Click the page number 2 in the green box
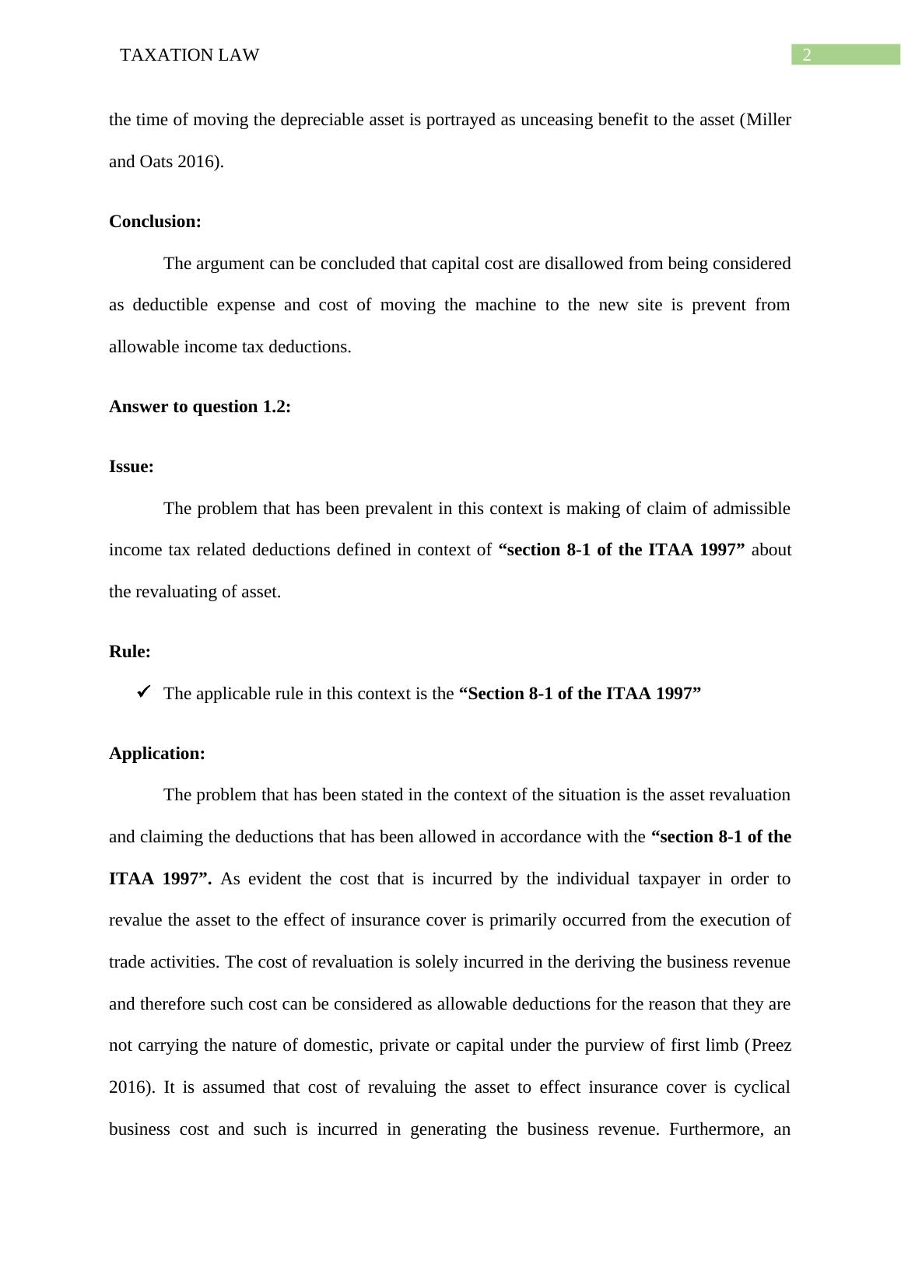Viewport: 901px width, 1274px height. tap(807, 54)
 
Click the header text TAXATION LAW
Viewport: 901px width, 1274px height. tap(190, 55)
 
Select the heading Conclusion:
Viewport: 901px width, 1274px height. tap(155, 222)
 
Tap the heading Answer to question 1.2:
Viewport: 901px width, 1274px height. tap(200, 407)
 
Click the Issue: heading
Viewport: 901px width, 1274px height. tap(131, 467)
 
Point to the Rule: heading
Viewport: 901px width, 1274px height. tap(130, 652)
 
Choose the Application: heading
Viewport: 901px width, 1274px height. tap(157, 754)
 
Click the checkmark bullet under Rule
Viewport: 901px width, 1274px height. tap(143, 692)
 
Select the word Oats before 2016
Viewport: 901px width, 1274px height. tap(156, 162)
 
